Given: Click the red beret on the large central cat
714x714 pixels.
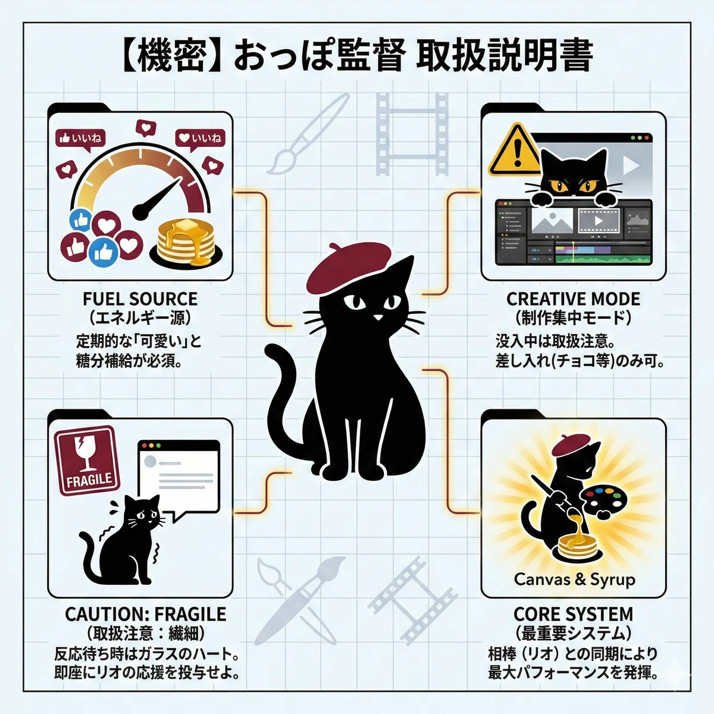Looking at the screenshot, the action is click(348, 265).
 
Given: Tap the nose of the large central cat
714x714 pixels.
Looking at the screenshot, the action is click(378, 318).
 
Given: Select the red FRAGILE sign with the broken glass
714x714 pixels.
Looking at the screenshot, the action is click(87, 461).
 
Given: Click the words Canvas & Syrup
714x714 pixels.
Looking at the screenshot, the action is click(574, 580).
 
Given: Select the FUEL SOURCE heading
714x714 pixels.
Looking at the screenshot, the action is click(140, 299).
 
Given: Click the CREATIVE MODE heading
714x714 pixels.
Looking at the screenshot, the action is click(573, 299).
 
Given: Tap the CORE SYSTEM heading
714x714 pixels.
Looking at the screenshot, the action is click(573, 614).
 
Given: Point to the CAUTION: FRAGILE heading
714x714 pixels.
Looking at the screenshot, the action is click(145, 614).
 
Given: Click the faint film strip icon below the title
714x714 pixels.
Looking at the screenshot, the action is click(412, 134).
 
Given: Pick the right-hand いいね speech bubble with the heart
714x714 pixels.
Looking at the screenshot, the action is click(200, 140).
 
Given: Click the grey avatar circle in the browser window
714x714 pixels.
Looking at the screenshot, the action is click(150, 462).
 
